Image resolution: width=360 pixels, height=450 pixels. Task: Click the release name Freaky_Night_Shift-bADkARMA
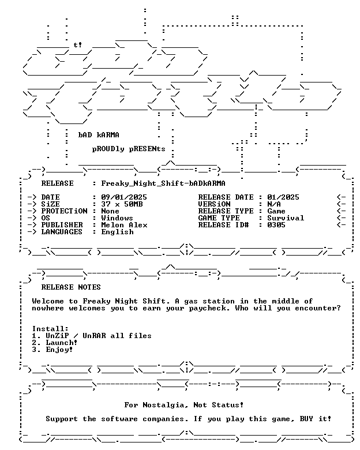pos(163,183)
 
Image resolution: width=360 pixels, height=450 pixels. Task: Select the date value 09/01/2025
pos(124,197)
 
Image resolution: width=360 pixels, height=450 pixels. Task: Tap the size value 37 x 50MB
pos(122,204)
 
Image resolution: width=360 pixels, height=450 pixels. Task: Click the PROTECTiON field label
pos(64,211)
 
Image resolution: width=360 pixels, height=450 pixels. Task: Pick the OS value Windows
pos(117,218)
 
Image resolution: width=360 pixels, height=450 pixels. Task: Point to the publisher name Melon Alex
pos(124,225)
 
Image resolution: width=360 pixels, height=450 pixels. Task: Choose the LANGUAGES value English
pos(118,232)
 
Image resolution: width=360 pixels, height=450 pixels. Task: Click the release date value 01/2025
pos(283,197)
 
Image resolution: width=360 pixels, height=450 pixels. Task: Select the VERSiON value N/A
pos(274,204)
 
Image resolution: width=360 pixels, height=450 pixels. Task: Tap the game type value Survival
pos(286,218)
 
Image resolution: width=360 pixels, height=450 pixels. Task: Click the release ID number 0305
pos(276,225)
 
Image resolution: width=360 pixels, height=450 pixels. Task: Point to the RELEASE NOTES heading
pos(71,287)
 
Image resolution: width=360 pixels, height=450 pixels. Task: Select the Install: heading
pos(50,329)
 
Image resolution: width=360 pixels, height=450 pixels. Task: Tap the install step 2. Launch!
pos(55,343)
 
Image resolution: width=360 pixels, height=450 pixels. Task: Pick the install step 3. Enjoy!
pos(52,350)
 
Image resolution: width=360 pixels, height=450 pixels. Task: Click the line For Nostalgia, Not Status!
pos(183,405)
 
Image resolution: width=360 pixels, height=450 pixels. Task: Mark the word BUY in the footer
pos(306,419)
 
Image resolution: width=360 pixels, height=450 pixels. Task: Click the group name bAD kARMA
pos(99,134)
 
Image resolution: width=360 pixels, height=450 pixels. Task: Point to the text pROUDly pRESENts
pos(129,149)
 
